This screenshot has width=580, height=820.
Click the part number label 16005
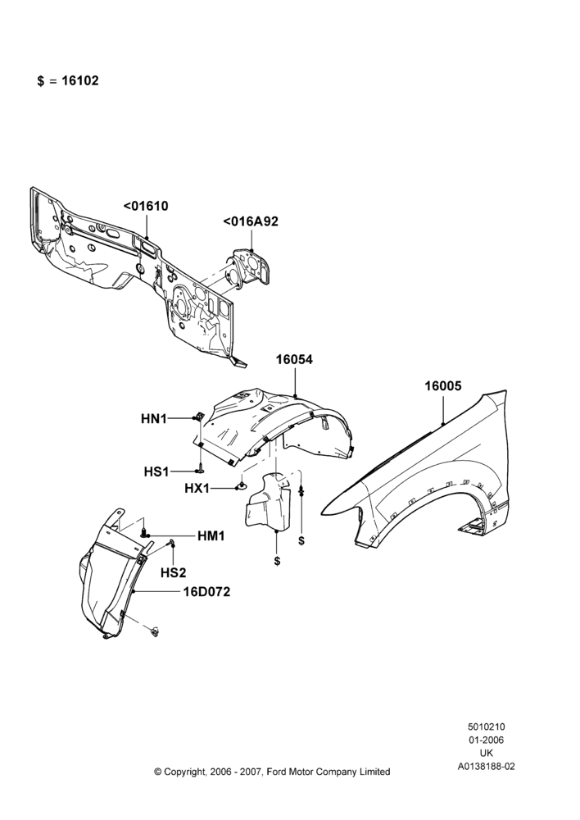click(442, 386)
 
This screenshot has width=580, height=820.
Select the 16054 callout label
click(294, 360)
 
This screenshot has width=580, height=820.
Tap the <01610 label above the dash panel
click(146, 206)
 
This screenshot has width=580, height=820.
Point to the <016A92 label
click(251, 221)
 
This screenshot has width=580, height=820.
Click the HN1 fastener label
click(154, 418)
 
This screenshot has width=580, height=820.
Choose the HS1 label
click(156, 471)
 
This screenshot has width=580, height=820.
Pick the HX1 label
click(197, 489)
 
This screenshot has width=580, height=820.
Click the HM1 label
click(211, 536)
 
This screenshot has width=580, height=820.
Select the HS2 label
click(174, 573)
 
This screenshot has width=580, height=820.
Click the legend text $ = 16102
click(68, 81)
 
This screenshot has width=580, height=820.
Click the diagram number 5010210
click(486, 727)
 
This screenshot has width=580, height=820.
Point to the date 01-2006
click(486, 740)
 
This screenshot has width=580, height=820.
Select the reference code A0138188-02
click(487, 767)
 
